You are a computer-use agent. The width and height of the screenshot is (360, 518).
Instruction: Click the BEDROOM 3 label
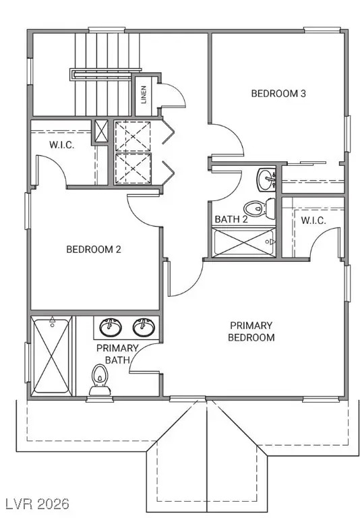(278, 94)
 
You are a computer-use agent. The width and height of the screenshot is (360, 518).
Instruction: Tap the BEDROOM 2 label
(93, 250)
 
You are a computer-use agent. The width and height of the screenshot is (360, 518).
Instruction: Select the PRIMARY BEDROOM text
(251, 331)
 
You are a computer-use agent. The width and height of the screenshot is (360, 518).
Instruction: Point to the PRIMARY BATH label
(117, 353)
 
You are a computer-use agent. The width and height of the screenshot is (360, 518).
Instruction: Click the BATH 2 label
(231, 220)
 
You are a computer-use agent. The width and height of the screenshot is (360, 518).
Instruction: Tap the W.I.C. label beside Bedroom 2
(61, 146)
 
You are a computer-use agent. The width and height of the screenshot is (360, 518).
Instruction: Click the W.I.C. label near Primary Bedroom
(314, 220)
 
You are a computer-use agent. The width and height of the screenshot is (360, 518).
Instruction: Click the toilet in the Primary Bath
(100, 380)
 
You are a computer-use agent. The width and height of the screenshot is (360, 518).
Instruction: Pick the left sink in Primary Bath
(110, 327)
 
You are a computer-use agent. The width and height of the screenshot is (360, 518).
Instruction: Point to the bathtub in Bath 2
(243, 242)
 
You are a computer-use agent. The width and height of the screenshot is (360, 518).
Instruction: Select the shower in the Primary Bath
(51, 355)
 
